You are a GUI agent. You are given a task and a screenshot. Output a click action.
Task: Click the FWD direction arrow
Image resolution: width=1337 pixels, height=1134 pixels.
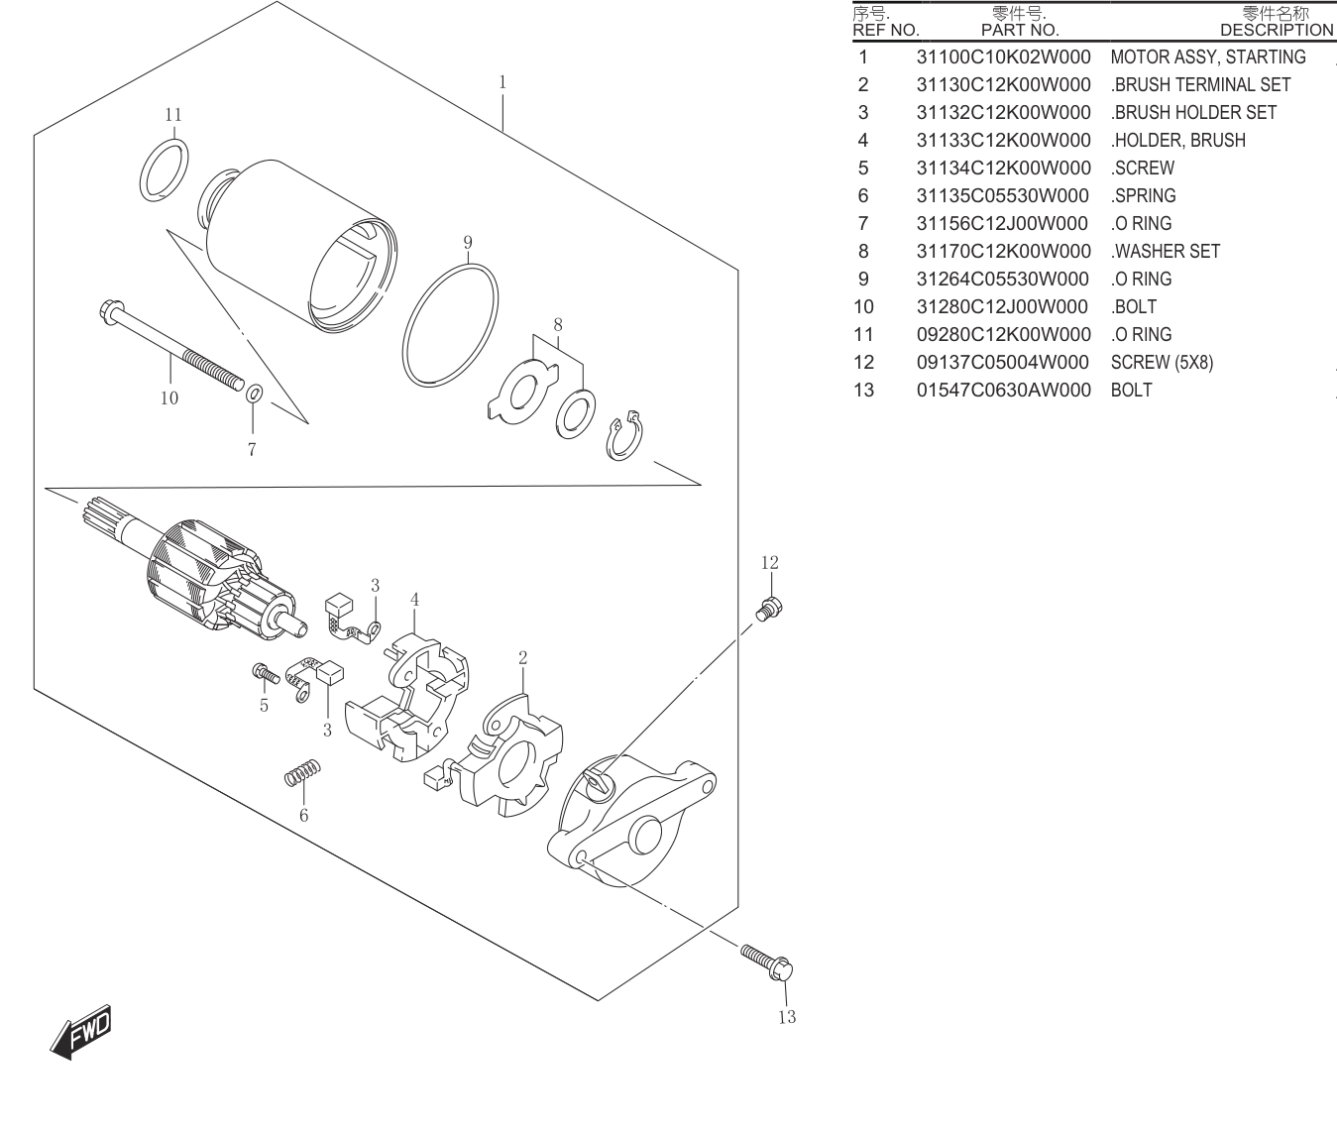pos(81,1031)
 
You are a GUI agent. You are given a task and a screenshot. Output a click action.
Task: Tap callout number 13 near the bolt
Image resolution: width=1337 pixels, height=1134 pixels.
pos(787,1017)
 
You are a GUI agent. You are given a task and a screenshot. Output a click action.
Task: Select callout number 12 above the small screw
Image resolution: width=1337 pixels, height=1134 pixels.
pos(769,563)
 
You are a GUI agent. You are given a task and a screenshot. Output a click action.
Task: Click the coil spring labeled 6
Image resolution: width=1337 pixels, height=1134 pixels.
pos(302,772)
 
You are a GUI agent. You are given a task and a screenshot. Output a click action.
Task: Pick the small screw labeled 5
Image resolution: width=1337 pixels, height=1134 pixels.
pos(266,673)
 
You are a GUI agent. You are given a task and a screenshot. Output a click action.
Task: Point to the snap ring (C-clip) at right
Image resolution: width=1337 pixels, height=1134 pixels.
pos(624,435)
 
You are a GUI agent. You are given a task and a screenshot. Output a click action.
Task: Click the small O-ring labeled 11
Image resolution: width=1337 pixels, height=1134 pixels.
pos(165,170)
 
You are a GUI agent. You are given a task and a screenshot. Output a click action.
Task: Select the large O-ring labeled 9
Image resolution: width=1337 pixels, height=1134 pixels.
pos(450,325)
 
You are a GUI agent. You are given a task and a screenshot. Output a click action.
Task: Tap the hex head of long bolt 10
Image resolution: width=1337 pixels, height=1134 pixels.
pos(108,311)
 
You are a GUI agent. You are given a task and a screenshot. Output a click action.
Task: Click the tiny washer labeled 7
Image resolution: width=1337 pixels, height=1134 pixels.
pos(254,393)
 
